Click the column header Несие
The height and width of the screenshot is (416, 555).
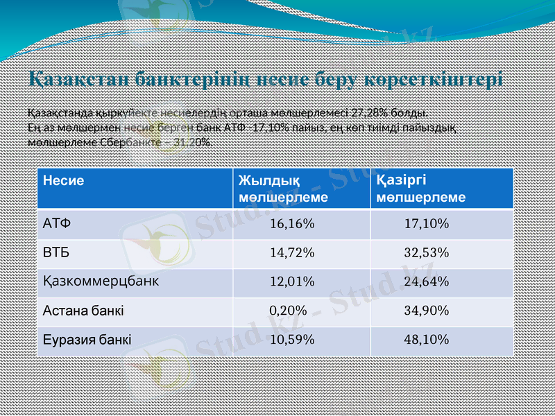coord(63,181)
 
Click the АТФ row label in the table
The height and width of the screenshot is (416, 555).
coord(57,224)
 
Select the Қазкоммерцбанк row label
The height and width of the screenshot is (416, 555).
coord(101,281)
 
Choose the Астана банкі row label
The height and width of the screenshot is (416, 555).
coord(83,311)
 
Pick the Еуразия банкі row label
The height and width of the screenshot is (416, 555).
coord(87,340)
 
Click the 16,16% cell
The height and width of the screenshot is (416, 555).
coord(292,224)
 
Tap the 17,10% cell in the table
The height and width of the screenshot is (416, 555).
coord(426,224)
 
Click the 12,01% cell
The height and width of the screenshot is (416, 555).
coord(292,281)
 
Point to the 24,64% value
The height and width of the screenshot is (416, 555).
coord(426,281)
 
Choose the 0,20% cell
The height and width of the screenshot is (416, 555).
coord(288,311)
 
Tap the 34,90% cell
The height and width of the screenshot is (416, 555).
coord(426,311)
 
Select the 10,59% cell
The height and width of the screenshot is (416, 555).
coord(292,340)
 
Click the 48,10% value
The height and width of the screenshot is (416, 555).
coord(426,340)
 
